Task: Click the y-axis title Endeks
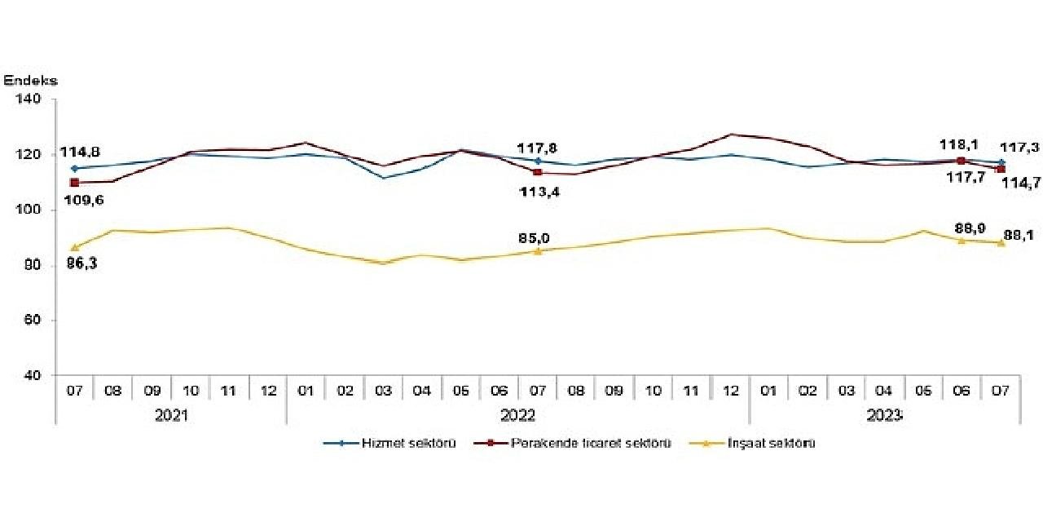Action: pos(31,81)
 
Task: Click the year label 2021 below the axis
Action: pos(171,416)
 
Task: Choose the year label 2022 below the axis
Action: pos(517,416)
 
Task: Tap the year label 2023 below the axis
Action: pos(885,416)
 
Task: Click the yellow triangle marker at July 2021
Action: pos(75,247)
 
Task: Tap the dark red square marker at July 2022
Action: pos(537,172)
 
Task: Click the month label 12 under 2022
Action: pos(731,391)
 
